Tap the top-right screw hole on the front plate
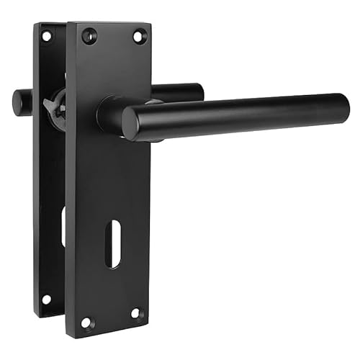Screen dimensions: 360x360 [138, 35]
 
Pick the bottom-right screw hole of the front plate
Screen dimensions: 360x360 [135, 313]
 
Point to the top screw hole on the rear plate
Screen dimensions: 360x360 [46, 35]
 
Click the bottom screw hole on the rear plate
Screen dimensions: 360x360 [45, 299]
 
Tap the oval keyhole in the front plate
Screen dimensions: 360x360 [113, 246]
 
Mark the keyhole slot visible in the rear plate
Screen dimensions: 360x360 [63, 227]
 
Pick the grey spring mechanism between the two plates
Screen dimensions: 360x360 [55, 108]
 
